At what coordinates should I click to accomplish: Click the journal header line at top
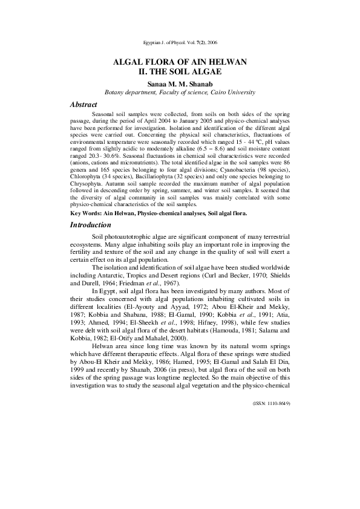pyautogui.click(x=180, y=44)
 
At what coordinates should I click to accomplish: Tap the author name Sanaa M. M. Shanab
pyautogui.click(x=180, y=83)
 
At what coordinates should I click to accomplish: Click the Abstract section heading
pyautogui.click(x=84, y=105)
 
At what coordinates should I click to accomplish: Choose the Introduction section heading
pyautogui.click(x=92, y=225)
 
